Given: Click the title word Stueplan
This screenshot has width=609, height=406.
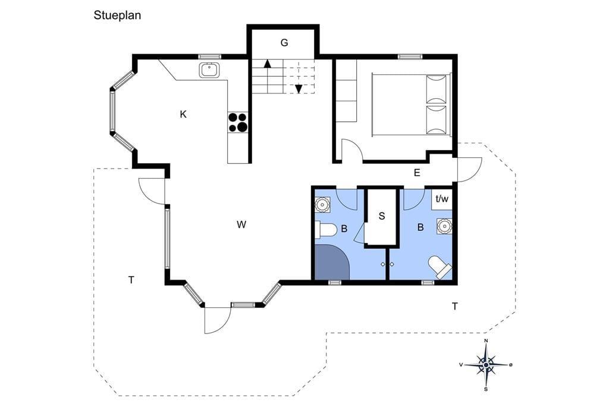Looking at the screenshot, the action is tap(117, 15).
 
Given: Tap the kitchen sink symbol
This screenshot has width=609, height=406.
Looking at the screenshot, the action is tap(210, 70).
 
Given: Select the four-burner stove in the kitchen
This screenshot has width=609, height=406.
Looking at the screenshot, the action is tap(238, 122).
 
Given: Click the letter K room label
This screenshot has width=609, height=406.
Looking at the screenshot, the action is tap(183, 114).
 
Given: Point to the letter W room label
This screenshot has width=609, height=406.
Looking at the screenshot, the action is tap(241, 224).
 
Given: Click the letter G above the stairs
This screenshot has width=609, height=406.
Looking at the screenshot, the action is tap(284, 43).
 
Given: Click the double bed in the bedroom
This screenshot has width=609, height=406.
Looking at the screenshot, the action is tap(412, 104).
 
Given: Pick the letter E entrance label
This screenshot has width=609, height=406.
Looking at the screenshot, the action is tap(417, 173).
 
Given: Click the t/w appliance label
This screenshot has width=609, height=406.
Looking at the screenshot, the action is tap(442, 199).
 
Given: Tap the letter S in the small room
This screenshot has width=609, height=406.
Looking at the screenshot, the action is tap(382, 216).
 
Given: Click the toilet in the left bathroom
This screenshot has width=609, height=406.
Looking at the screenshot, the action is tap(325, 230).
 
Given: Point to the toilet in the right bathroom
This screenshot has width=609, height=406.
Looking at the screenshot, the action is tap(441, 267).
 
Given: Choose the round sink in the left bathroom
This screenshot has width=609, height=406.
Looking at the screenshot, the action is tap(322, 204).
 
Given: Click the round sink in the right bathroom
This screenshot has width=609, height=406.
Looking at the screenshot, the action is tap(444, 226).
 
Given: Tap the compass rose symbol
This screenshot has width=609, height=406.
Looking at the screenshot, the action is tap(486, 365).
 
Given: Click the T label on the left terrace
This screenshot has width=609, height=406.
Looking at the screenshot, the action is tap(131, 280).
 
